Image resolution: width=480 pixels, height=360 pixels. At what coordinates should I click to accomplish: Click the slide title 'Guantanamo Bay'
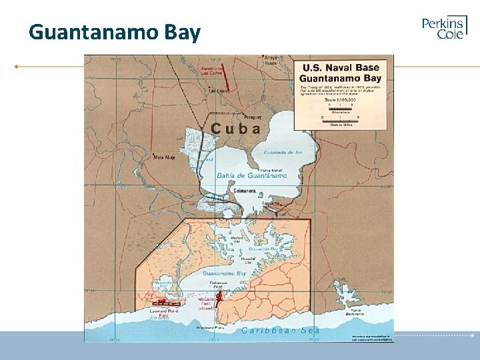[115, 32]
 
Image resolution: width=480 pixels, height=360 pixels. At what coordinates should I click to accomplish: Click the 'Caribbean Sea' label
[280, 330]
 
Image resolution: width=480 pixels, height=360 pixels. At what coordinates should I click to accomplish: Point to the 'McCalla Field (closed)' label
[205, 304]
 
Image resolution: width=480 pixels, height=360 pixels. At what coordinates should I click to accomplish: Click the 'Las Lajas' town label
[218, 91]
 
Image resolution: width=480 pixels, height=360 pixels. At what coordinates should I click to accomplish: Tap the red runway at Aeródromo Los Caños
[224, 77]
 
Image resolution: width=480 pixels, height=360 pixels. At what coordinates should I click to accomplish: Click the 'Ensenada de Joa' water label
[285, 153]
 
